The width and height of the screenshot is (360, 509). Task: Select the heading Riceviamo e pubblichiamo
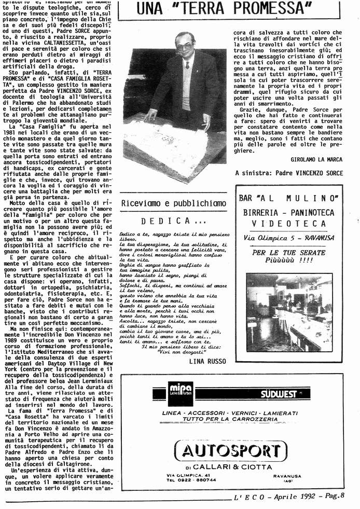click(173, 203)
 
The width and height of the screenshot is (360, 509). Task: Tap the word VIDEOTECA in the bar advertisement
click(288, 224)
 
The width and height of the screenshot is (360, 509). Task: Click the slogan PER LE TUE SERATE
click(288, 253)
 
